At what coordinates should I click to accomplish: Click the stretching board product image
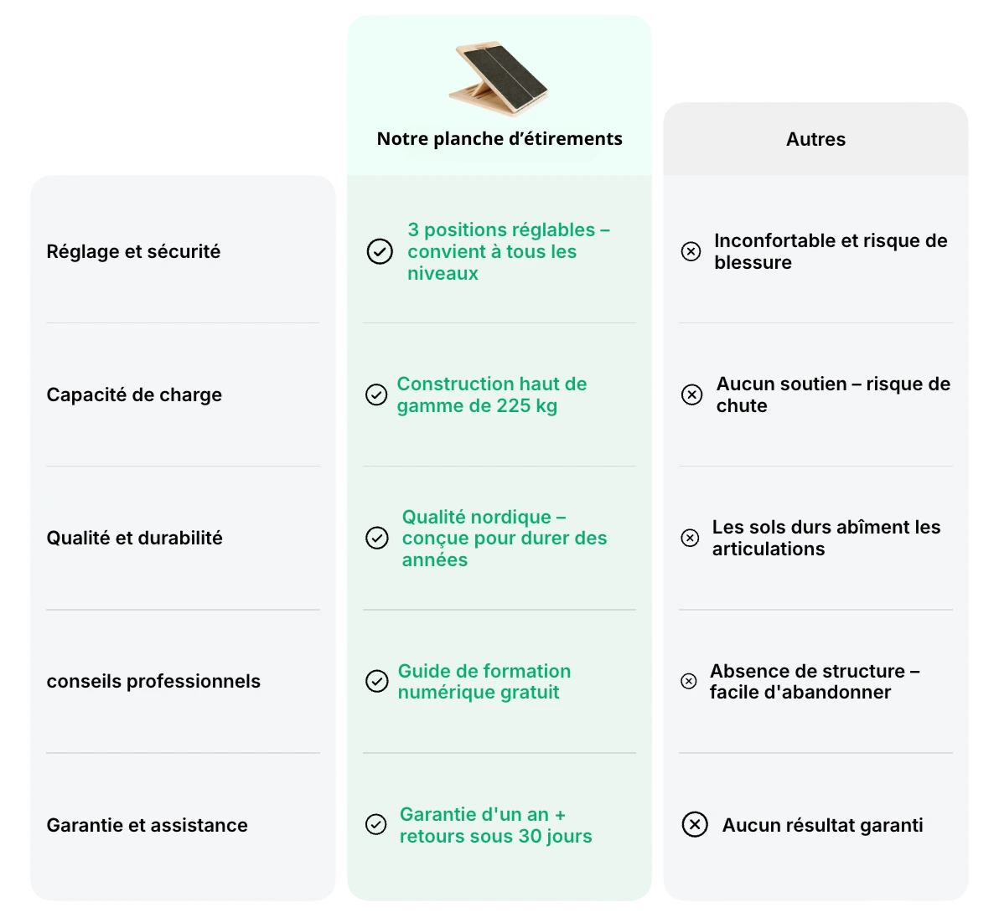click(499, 80)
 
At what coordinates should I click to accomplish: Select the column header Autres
click(815, 140)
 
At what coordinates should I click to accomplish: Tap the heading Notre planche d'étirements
click(499, 139)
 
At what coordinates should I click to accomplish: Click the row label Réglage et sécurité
click(133, 251)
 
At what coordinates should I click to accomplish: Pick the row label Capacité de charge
click(134, 394)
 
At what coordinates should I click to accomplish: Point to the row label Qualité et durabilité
click(134, 538)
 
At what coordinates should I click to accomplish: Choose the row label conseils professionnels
click(153, 681)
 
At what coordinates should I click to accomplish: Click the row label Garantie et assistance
click(147, 825)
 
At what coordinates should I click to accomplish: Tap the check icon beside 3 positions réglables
click(380, 251)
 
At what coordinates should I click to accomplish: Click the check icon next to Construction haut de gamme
click(376, 394)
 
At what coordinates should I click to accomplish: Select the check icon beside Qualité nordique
click(377, 538)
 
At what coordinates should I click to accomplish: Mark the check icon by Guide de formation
click(377, 681)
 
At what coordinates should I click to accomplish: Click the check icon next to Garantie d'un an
click(376, 825)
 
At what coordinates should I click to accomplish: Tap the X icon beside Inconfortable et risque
click(691, 251)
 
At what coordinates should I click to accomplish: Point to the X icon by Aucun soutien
click(691, 394)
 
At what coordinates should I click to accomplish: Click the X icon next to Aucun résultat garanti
click(695, 825)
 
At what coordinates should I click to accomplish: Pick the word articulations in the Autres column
click(769, 549)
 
